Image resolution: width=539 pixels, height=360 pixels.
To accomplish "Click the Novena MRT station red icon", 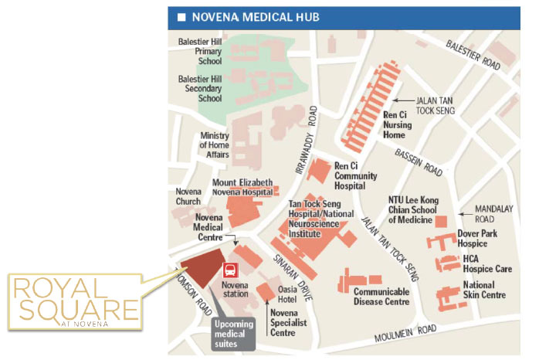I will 229,271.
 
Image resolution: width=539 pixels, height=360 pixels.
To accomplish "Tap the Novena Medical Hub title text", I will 254,17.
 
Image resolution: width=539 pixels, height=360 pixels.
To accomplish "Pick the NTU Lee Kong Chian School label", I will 414,209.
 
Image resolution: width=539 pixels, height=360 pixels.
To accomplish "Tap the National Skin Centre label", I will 484,290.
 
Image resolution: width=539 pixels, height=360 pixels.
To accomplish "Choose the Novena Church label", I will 188,197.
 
